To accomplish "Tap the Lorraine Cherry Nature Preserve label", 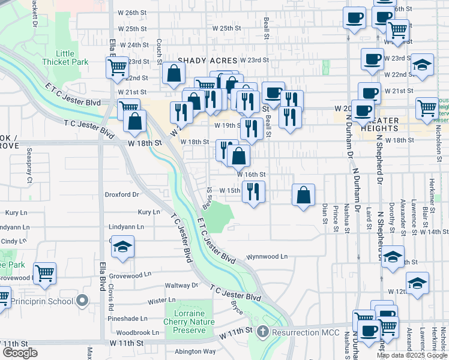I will click(x=185, y=322).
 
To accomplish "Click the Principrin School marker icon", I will click(x=83, y=299).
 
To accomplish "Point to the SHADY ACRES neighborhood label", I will click(x=208, y=60).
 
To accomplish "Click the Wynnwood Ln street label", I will click(x=267, y=256).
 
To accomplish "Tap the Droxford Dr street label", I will click(x=122, y=194).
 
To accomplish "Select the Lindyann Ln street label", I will click(x=126, y=227).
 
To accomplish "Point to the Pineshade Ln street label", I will click(x=128, y=319).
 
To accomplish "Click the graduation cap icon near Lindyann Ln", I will click(x=122, y=247).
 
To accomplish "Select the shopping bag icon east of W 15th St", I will click(x=304, y=194).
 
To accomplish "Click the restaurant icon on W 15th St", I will click(x=253, y=191).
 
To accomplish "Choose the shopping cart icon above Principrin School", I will click(x=45, y=273).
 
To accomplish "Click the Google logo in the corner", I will click(x=20, y=353).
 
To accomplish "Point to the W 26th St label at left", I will click(x=133, y=12).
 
